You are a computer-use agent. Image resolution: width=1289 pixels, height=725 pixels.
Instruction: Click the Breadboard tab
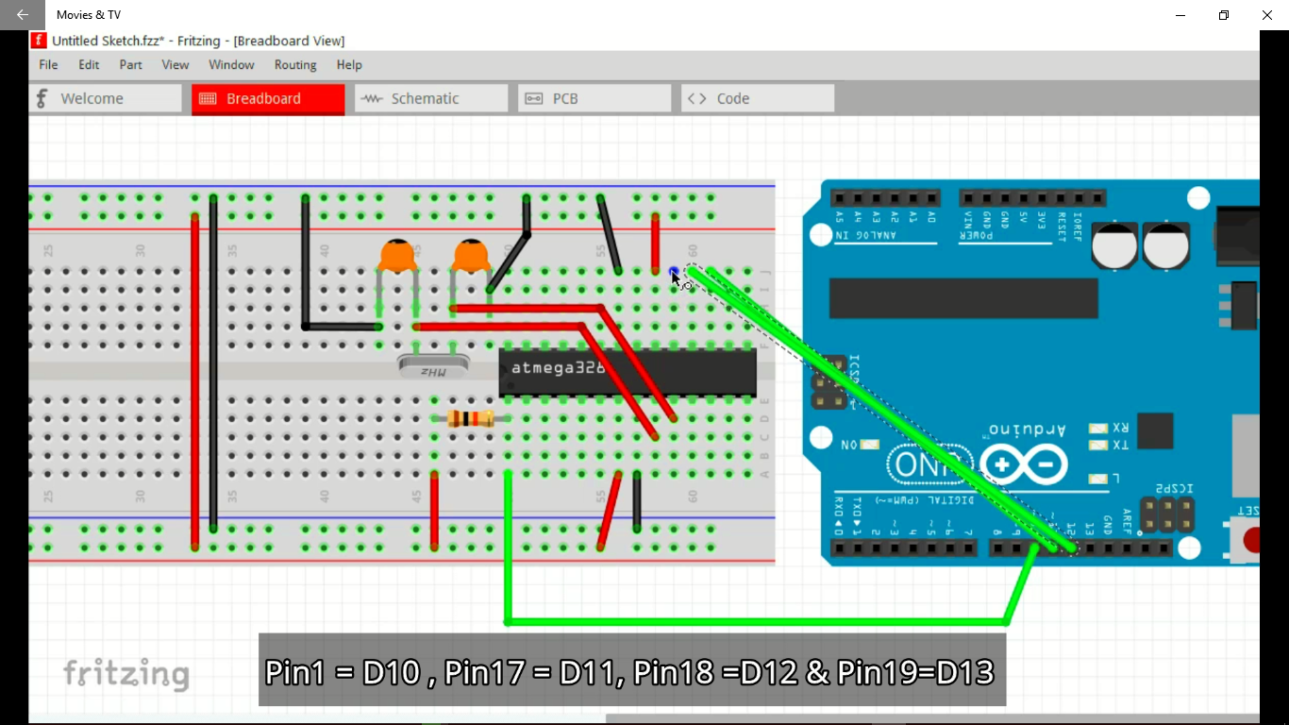pos(268,98)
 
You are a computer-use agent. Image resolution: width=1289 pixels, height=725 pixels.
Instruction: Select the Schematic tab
pos(430,98)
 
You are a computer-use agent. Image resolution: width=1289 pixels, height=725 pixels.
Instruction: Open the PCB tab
pos(594,98)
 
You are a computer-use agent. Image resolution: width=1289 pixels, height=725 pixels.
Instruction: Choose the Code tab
pos(757,98)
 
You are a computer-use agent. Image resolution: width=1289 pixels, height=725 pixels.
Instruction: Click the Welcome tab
pos(105,98)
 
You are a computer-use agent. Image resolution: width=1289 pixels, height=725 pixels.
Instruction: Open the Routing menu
pos(295,65)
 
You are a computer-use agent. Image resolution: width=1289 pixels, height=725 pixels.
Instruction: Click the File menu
pos(48,65)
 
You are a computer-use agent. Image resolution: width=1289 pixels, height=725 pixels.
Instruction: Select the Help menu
pos(349,65)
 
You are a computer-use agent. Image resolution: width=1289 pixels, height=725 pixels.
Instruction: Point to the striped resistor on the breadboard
pos(470,419)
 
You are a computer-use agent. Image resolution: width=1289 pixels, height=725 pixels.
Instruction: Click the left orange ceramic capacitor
pos(398,256)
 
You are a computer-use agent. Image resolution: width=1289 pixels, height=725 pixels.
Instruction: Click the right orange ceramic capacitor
pos(471,256)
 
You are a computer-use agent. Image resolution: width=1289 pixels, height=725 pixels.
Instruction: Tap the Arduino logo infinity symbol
pos(1023,464)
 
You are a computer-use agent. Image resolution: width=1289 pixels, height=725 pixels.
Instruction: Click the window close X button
pos(1267,15)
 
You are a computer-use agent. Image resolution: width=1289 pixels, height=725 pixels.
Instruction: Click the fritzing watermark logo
pos(126,674)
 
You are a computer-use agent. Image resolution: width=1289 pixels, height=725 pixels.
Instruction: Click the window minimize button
pos(1180,15)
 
